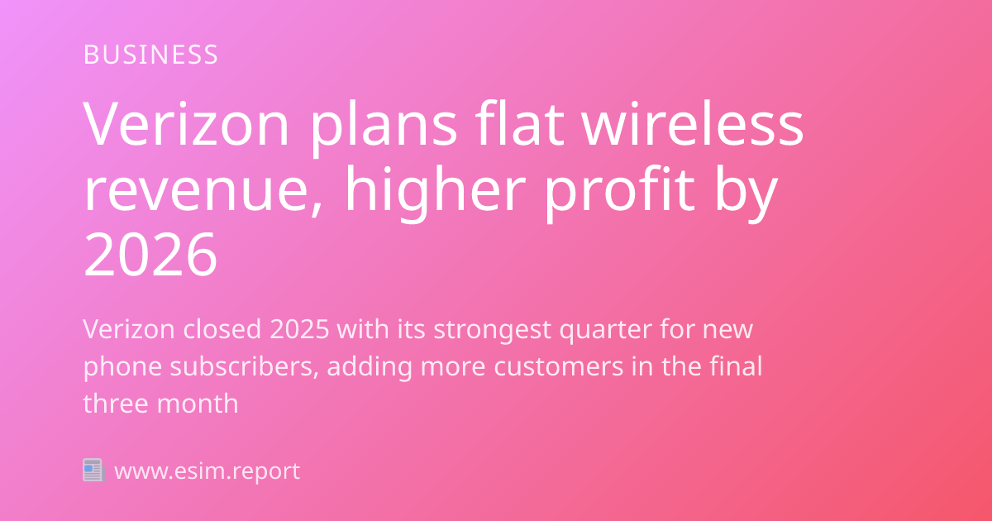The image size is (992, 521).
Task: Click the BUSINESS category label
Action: point(150,55)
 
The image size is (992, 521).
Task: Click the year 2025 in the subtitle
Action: point(298,329)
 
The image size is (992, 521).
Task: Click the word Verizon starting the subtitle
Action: point(128,329)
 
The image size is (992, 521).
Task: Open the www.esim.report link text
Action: point(207,471)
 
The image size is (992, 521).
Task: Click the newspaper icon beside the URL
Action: point(93,471)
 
